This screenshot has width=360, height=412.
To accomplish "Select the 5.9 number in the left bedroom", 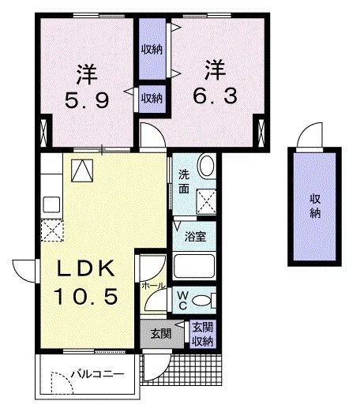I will click(86, 102).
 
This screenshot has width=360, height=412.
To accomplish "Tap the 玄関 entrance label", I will click(160, 334).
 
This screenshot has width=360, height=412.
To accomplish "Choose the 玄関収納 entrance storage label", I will click(203, 334).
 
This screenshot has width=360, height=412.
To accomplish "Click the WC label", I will click(182, 299).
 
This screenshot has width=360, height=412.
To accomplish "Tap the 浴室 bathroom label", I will click(196, 236).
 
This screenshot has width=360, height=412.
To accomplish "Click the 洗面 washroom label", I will click(183, 182).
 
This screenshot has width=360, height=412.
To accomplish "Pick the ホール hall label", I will click(153, 286).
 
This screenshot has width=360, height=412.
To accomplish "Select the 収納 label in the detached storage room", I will click(315, 206).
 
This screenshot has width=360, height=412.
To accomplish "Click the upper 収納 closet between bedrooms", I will click(152, 49).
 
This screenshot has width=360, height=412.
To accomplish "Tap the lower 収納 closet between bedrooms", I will click(152, 98).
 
